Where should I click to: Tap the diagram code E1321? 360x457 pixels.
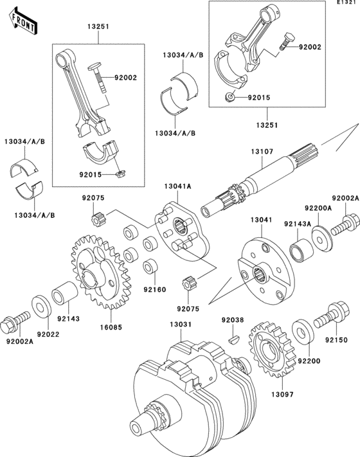pos(345,4)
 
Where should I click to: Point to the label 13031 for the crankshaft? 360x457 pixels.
pos(181,325)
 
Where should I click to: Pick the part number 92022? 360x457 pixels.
pos(48,335)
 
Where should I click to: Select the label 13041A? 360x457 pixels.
pos(176,187)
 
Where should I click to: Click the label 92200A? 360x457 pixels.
pos(317,209)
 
